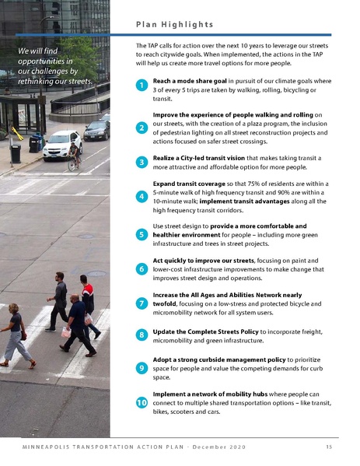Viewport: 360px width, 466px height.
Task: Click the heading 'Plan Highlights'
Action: click(174, 24)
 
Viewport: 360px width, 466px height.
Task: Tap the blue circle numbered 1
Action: click(142, 85)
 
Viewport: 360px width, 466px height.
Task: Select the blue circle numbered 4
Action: click(142, 197)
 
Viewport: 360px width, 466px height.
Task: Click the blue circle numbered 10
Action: click(142, 403)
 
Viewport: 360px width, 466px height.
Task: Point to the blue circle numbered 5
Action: click(142, 233)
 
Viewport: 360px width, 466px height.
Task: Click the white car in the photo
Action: click(61, 145)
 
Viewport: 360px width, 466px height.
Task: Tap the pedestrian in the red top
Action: click(87, 300)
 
